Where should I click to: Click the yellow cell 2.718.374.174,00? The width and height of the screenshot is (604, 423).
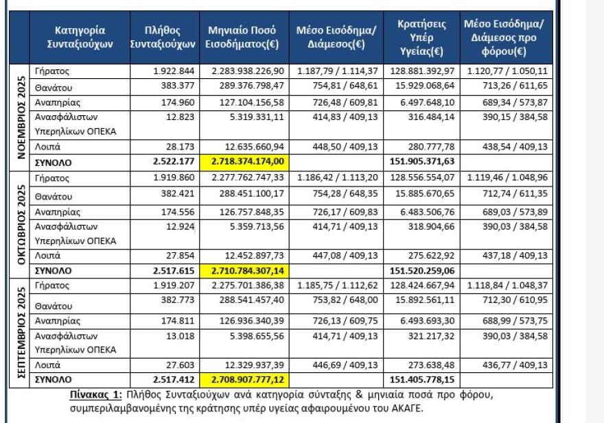(x=244, y=163)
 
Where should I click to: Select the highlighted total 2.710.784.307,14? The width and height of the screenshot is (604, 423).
(x=244, y=271)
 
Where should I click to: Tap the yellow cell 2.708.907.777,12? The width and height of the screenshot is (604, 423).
(x=244, y=378)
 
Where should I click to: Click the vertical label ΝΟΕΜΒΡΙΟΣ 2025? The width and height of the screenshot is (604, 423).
(x=20, y=117)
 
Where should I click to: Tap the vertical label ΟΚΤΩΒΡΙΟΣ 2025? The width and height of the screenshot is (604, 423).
(x=20, y=223)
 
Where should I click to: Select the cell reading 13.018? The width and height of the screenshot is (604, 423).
(x=181, y=336)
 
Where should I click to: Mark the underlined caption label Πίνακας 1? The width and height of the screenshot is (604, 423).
(x=96, y=394)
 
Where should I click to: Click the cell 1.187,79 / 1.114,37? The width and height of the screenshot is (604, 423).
(x=337, y=71)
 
